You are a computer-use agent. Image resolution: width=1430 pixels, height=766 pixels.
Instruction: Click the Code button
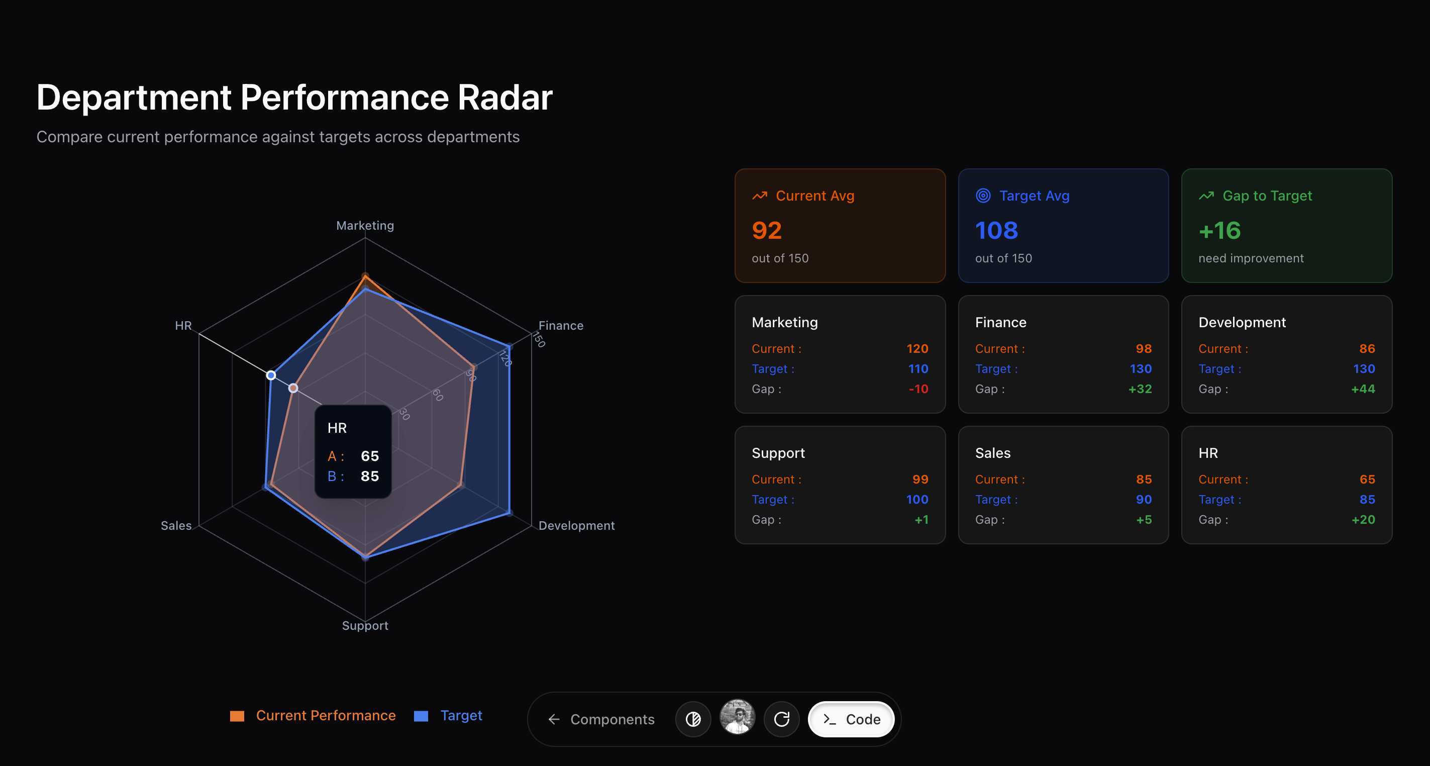click(x=851, y=719)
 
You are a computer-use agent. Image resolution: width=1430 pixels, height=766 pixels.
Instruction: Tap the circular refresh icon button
click(x=782, y=719)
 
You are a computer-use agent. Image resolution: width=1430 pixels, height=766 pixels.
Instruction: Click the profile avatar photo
click(x=737, y=717)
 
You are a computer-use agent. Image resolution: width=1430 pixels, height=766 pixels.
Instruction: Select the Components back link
click(x=601, y=719)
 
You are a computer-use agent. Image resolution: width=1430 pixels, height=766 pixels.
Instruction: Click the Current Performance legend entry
click(x=313, y=715)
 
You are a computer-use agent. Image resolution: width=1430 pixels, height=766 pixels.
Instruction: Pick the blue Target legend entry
click(x=449, y=715)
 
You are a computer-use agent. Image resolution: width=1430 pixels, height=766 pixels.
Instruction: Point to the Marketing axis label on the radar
click(x=365, y=226)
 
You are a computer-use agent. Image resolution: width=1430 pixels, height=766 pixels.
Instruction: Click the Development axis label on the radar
click(x=577, y=525)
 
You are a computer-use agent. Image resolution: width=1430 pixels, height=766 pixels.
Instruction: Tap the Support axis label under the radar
click(x=365, y=625)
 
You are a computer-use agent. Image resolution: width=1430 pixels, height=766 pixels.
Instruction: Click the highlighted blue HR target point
click(x=271, y=375)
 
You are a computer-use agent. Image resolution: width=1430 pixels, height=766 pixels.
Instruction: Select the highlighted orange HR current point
click(x=293, y=388)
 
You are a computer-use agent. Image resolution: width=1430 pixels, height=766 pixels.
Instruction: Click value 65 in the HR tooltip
click(x=370, y=456)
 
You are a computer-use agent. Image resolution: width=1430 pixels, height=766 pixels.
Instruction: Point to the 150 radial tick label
click(x=539, y=339)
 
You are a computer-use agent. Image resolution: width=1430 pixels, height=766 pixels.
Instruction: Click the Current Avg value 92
click(x=767, y=231)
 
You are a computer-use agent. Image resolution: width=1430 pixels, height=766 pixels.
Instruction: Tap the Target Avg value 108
click(x=996, y=231)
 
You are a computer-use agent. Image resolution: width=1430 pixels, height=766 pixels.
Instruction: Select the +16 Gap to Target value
click(x=1219, y=231)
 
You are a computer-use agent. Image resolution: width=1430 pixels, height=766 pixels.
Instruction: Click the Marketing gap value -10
click(x=918, y=389)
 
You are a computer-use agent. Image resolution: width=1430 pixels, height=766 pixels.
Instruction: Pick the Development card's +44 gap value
click(x=1363, y=389)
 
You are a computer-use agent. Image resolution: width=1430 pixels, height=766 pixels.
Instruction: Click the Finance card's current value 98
click(x=1144, y=349)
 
